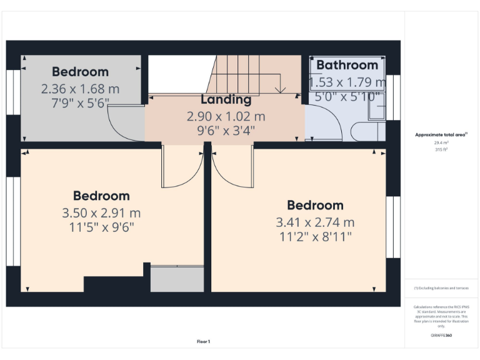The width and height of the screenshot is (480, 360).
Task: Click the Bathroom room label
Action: [347, 65]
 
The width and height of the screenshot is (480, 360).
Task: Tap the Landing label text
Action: [226, 99]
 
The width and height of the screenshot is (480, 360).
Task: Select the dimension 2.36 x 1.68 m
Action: [80, 89]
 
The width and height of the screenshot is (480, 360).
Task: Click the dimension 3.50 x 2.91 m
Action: [101, 212]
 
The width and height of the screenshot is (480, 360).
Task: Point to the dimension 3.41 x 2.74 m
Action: [315, 222]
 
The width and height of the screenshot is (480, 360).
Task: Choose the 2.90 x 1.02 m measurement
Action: [226, 116]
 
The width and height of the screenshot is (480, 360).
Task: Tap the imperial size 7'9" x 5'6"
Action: [80, 102]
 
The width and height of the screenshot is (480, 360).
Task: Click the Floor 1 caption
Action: [203, 341]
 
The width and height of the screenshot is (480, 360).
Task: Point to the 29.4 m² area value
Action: [441, 142]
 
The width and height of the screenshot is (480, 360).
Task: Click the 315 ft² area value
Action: [441, 150]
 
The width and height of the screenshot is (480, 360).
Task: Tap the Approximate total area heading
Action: [441, 134]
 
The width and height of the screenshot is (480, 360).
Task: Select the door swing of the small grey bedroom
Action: [125, 122]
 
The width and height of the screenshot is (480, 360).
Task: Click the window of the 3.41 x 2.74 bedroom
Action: [392, 227]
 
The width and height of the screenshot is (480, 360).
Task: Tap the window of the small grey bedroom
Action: [14, 92]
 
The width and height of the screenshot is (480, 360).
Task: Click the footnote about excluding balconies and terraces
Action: [441, 288]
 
